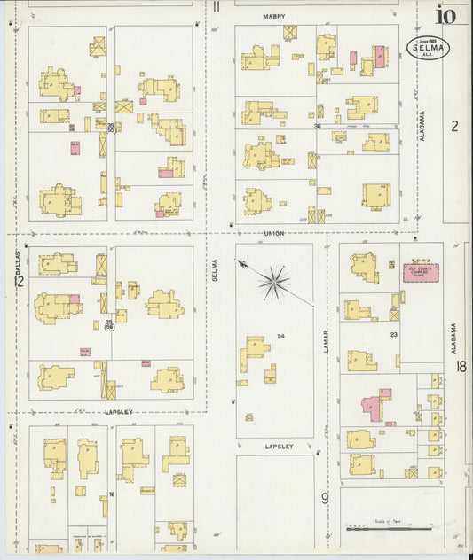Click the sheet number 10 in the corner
445,15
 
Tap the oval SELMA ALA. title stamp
428,47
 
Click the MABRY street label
273,16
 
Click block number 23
392,335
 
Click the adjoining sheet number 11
217,7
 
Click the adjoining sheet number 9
325,498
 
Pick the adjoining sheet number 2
454,126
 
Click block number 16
112,494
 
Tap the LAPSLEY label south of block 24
279,447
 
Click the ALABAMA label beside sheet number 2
423,126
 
